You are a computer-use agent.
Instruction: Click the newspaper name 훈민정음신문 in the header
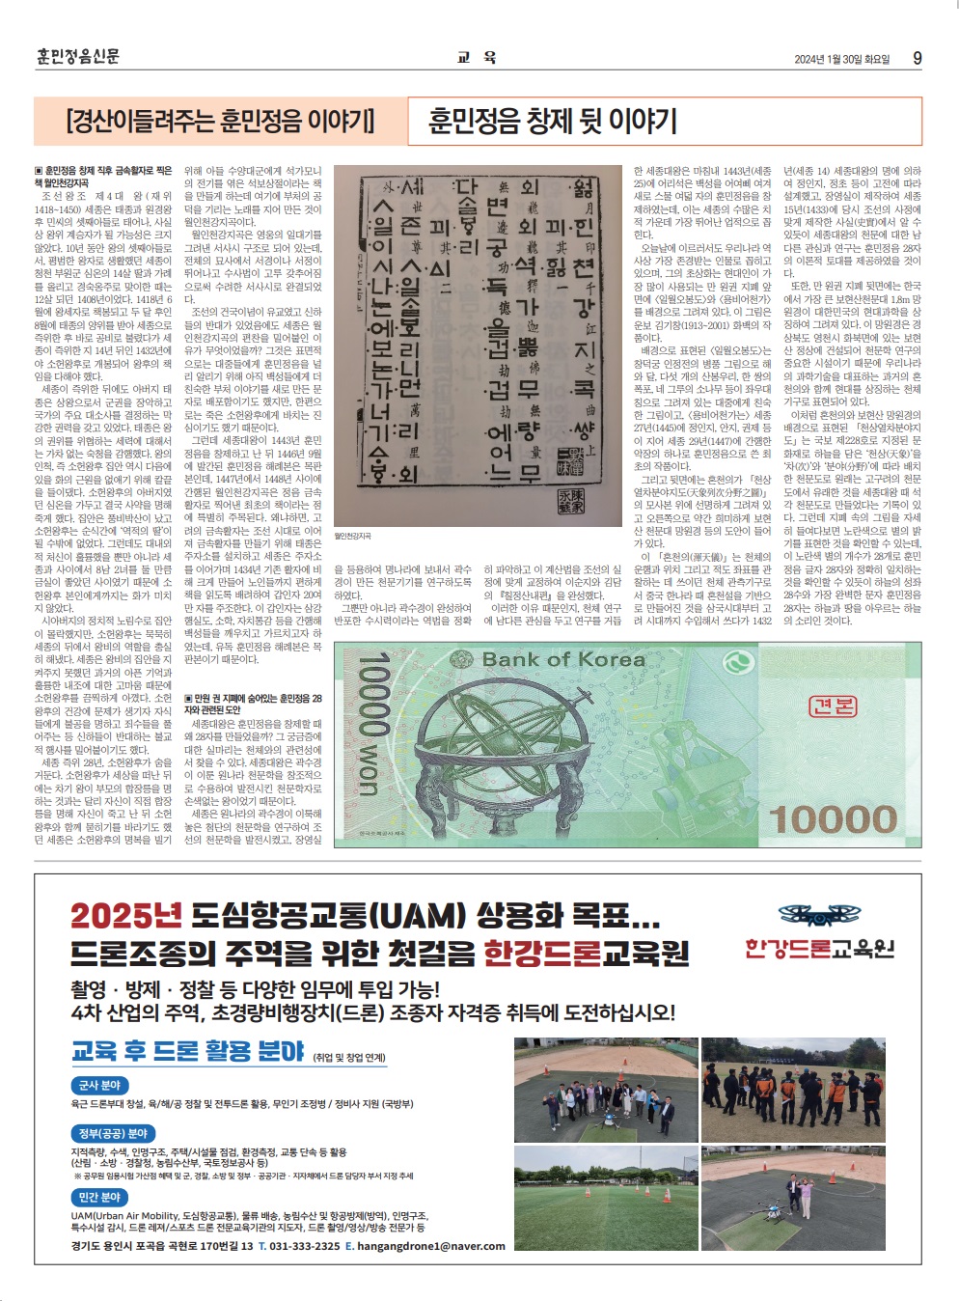pyautogui.click(x=78, y=56)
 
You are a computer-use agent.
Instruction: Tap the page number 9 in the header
pyautogui.click(x=917, y=58)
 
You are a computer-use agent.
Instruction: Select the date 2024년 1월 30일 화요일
pyautogui.click(x=841, y=59)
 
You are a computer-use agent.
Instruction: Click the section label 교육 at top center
pyautogui.click(x=478, y=57)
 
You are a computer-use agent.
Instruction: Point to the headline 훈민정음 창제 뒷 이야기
pyautogui.click(x=553, y=121)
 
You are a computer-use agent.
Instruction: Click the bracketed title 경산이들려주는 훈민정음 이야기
pyautogui.click(x=220, y=121)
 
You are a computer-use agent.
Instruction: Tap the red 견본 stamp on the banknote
pyautogui.click(x=833, y=706)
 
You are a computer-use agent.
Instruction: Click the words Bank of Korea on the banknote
pyautogui.click(x=562, y=660)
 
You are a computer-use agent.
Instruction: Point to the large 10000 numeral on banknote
pyautogui.click(x=833, y=819)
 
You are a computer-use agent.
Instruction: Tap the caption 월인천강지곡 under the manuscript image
pyautogui.click(x=352, y=536)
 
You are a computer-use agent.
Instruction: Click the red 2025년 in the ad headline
pyautogui.click(x=125, y=915)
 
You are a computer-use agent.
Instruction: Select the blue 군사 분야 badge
pyautogui.click(x=99, y=1085)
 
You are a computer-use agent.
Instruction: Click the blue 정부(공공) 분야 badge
pyautogui.click(x=113, y=1133)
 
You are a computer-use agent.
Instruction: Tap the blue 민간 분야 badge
pyautogui.click(x=99, y=1197)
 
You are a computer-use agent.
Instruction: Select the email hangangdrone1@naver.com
pyautogui.click(x=431, y=1246)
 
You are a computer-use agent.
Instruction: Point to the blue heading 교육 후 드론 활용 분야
pyautogui.click(x=188, y=1051)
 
